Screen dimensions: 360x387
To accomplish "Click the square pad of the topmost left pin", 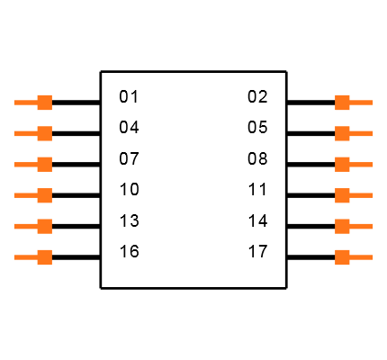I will pos(44,103).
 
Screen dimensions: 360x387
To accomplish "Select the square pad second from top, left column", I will pos(44,133).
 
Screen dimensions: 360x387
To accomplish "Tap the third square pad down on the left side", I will pos(44,164).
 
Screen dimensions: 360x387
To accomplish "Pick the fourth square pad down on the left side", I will pos(44,195).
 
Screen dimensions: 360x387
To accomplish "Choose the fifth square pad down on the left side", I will pos(44,226).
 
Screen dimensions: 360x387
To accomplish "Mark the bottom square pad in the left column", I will pos(44,257).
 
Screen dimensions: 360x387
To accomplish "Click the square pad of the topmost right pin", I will pos(342,103).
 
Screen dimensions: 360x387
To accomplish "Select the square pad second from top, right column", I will pos(342,133).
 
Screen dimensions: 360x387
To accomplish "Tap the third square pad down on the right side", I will pos(342,164).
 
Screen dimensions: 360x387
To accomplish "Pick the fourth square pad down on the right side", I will pos(342,195).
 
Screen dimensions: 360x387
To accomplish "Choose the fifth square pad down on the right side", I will pos(342,226).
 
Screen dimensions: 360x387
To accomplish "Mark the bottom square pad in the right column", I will pos(342,257).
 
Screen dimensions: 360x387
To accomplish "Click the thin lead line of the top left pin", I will pos(24,103).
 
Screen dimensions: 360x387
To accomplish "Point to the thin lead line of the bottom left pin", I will pos(24,257).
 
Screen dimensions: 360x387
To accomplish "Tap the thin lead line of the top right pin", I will pos(362,103).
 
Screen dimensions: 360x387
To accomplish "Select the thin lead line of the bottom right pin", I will pos(362,257).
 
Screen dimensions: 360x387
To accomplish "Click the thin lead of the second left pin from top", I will pos(24,133).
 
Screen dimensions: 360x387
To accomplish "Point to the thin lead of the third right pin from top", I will pos(362,164).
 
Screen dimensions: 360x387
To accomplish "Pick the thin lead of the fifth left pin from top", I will pos(24,226).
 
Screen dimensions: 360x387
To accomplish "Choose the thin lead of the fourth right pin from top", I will pos(362,195).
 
